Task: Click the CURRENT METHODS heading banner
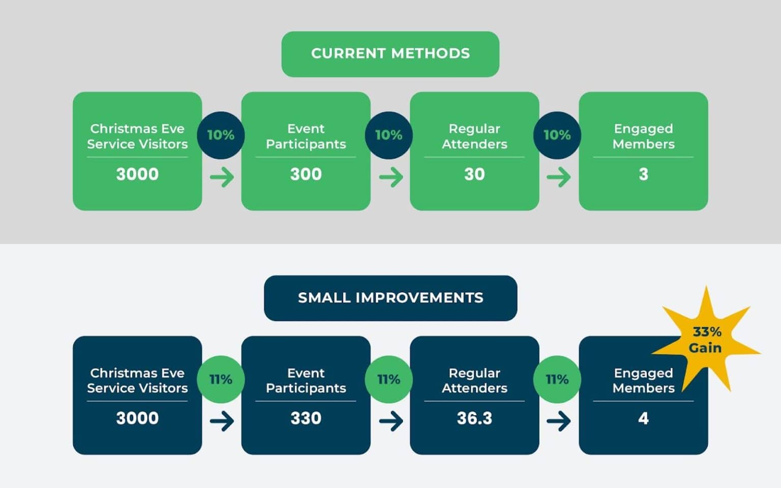click(x=390, y=54)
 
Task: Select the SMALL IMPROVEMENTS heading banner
click(x=390, y=298)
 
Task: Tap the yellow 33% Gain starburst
click(x=706, y=340)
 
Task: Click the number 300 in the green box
click(x=306, y=174)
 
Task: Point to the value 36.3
click(x=474, y=418)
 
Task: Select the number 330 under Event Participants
click(x=306, y=418)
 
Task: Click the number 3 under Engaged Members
click(x=643, y=174)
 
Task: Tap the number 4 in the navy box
click(x=643, y=418)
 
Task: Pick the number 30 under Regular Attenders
click(x=474, y=174)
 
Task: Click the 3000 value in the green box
click(x=137, y=174)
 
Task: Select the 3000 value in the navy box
click(x=137, y=418)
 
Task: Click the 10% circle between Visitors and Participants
click(x=221, y=135)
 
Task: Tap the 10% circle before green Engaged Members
click(x=557, y=135)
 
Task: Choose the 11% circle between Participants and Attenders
click(x=388, y=379)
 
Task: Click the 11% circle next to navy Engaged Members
click(x=557, y=379)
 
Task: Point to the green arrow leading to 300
click(x=222, y=177)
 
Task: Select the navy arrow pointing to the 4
click(x=558, y=421)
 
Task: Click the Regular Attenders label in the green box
click(x=474, y=136)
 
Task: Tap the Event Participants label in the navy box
click(x=306, y=380)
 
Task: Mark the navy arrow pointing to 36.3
click(x=390, y=421)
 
